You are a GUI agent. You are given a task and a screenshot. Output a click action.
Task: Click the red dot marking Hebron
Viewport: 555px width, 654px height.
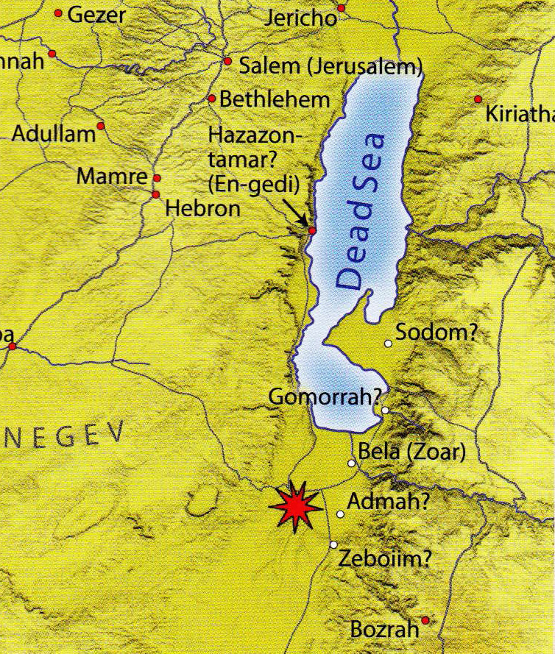coord(155,194)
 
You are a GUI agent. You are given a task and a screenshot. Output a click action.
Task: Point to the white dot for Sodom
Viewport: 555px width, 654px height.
coord(389,343)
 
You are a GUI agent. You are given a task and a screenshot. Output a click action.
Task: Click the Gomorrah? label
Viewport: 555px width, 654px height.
coord(324,397)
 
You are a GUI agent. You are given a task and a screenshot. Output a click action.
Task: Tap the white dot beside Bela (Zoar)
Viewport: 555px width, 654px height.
coord(352,463)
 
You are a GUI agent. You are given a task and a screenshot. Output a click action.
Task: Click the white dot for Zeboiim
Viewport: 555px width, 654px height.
coord(333,545)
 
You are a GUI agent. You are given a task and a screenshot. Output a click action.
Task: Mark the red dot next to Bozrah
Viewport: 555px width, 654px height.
coord(425,620)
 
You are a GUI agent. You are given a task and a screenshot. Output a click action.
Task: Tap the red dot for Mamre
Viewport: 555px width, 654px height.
coord(157,178)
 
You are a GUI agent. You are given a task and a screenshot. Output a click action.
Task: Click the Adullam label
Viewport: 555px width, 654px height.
coord(54,135)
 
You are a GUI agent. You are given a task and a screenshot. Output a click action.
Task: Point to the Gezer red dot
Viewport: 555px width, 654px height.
coord(58,13)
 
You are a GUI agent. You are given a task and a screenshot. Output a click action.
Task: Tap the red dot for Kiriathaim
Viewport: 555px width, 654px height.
coord(478,99)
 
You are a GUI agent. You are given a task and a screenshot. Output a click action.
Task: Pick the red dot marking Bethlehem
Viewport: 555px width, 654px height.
coord(212,99)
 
